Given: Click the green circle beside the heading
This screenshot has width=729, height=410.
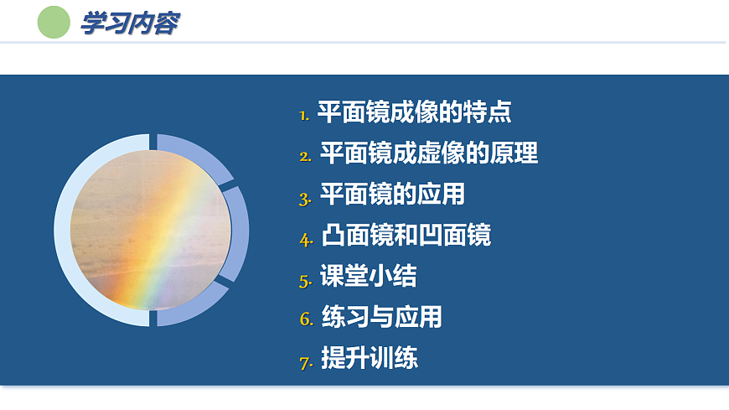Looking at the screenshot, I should click(x=54, y=22).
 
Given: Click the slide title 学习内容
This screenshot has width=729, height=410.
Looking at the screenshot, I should click(x=129, y=23).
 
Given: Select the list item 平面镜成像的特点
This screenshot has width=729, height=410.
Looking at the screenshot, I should click(x=414, y=112).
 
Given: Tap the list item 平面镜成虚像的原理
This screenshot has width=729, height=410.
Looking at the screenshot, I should click(x=428, y=153).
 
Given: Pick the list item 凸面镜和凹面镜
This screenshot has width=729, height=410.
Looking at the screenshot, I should click(x=406, y=236).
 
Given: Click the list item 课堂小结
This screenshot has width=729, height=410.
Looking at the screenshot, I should click(x=368, y=277).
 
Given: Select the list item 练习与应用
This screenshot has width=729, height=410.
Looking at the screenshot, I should click(x=381, y=318).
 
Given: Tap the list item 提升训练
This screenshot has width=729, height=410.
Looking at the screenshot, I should click(x=370, y=359).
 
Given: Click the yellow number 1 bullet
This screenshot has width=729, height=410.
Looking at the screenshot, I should click(x=304, y=115).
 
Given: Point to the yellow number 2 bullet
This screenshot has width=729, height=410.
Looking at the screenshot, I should click(x=305, y=156).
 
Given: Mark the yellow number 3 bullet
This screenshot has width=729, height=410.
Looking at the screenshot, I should click(x=305, y=199).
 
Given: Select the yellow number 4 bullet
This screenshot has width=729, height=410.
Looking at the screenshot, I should click(x=305, y=239).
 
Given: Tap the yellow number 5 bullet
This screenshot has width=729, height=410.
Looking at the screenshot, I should click(x=305, y=280).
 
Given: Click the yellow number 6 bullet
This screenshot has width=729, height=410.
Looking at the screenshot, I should click(x=305, y=321).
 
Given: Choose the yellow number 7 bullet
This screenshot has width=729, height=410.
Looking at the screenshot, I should click(x=305, y=363).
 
